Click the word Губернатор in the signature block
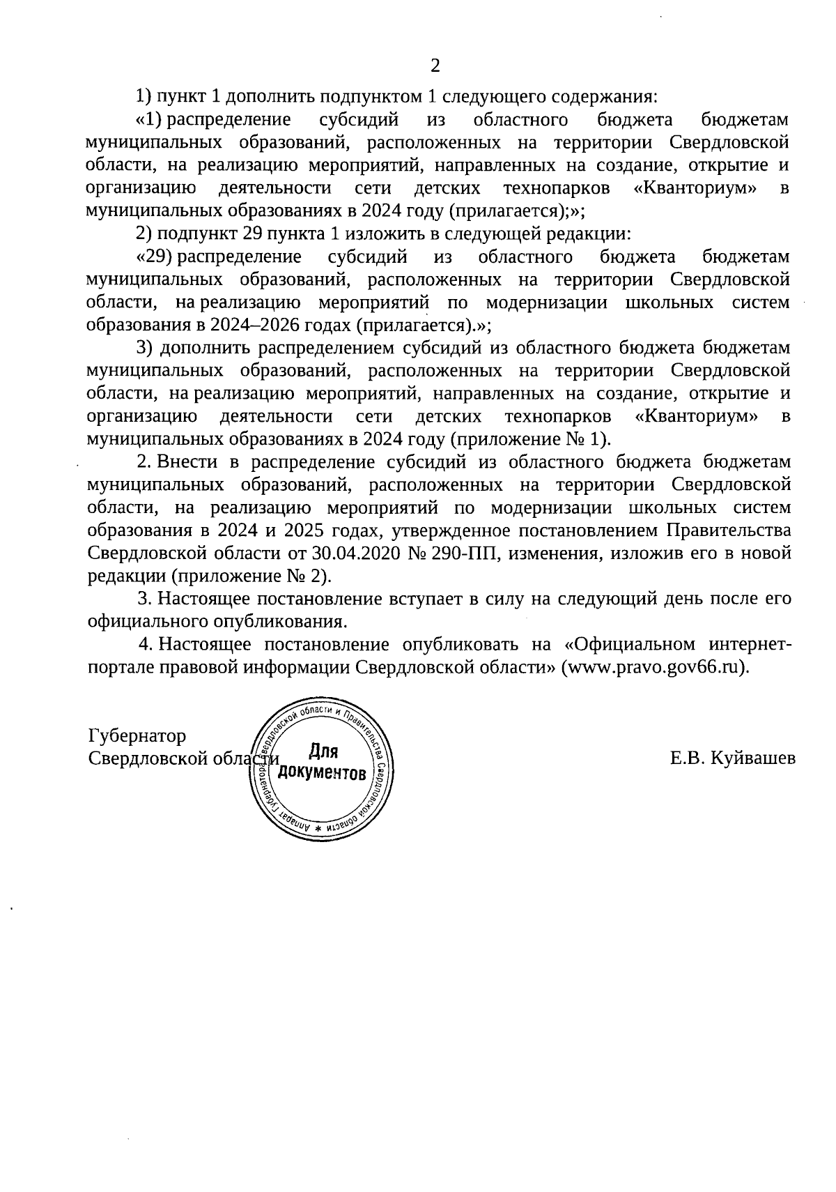(x=137, y=736)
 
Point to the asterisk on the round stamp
(x=318, y=827)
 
